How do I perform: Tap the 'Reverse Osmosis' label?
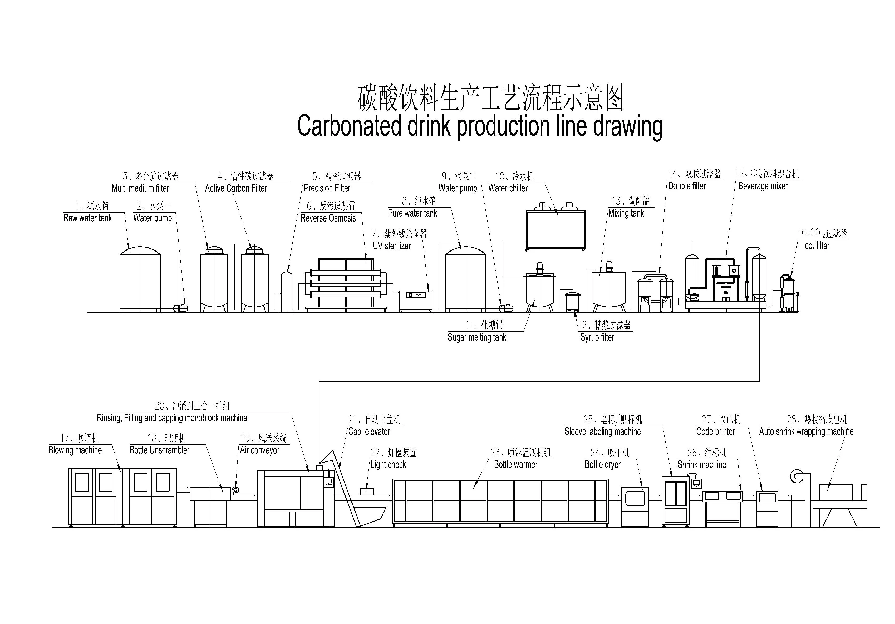tap(328, 218)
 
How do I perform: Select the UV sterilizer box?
tap(416, 301)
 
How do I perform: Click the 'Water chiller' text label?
tap(508, 188)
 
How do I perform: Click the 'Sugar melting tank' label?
tap(477, 337)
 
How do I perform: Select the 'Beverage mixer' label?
tap(763, 186)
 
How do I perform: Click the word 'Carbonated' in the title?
tap(349, 126)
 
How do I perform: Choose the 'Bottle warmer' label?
tap(515, 465)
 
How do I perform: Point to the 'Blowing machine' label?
tap(75, 450)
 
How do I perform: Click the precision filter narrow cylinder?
tap(287, 292)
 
